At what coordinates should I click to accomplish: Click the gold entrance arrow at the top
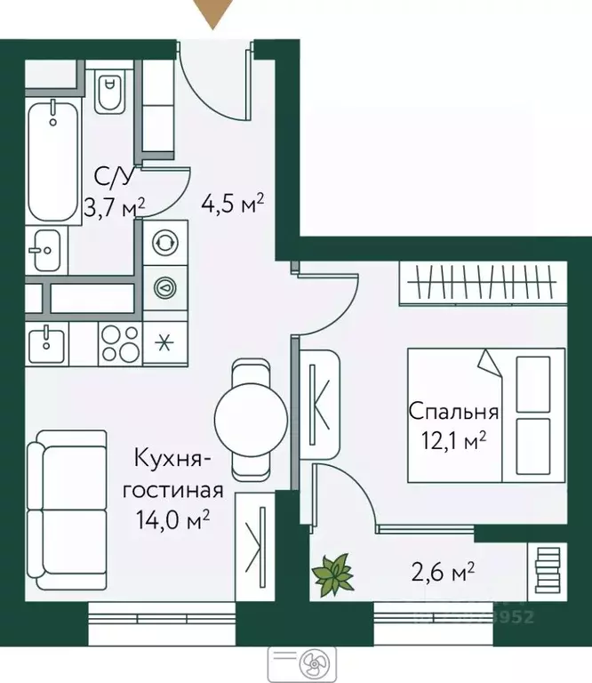pyautogui.click(x=213, y=12)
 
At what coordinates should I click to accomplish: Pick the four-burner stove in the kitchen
pyautogui.click(x=117, y=343)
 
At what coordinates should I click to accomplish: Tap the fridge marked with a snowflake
pyautogui.click(x=164, y=343)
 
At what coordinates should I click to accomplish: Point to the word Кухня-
pyautogui.click(x=172, y=460)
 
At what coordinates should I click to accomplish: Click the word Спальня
pyautogui.click(x=453, y=412)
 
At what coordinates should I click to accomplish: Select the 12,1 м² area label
pyautogui.click(x=453, y=438)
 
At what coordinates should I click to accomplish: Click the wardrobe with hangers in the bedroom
pyautogui.click(x=481, y=283)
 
